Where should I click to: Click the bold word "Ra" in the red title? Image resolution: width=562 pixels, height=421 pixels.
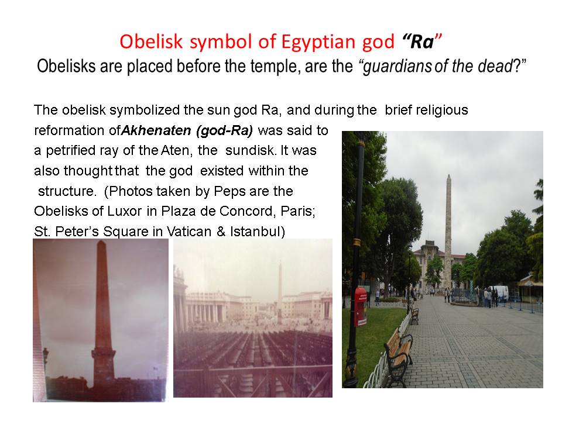(422, 42)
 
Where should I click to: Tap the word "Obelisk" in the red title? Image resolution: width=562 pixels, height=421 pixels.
(151, 42)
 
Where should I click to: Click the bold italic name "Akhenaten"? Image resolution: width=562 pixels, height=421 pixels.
(156, 130)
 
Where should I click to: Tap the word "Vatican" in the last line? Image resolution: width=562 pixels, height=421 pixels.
(189, 232)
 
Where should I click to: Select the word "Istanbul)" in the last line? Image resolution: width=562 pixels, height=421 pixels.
(258, 232)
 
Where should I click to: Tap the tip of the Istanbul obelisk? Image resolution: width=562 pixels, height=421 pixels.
(448, 175)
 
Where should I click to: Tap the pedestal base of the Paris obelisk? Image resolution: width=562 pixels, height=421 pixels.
(103, 370)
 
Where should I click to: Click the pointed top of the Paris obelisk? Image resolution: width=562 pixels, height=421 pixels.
(101, 243)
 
